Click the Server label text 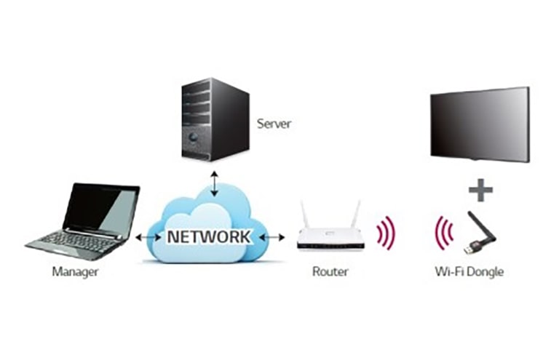click(x=274, y=124)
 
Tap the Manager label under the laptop click(x=75, y=272)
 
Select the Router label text click(x=330, y=272)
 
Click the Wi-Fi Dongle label click(x=468, y=272)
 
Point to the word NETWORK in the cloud click(x=209, y=236)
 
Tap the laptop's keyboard click(x=76, y=239)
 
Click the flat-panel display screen click(x=479, y=124)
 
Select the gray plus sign click(x=480, y=191)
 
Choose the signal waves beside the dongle click(x=443, y=232)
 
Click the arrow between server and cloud click(x=213, y=184)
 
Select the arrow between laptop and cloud click(x=148, y=237)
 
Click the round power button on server click(x=193, y=137)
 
